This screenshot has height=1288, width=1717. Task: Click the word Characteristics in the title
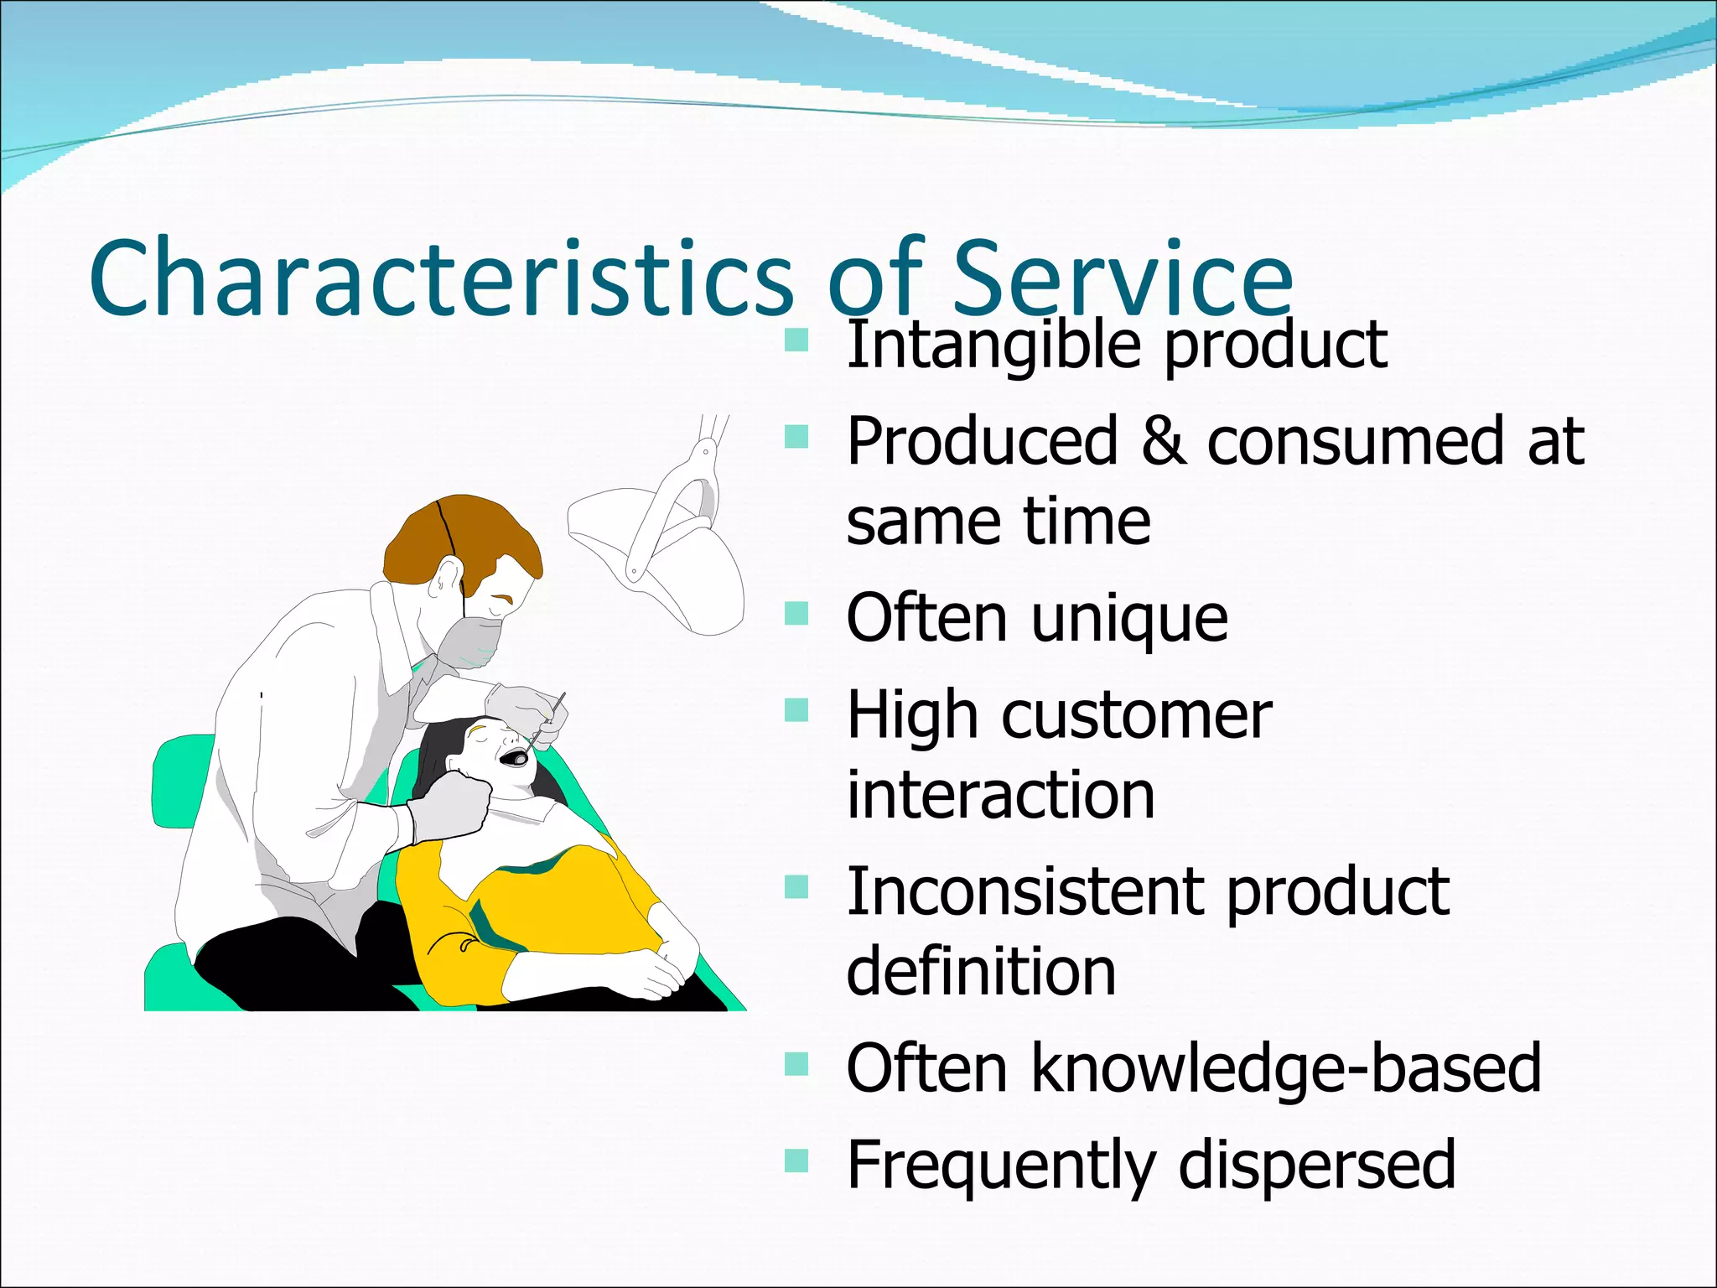tap(440, 278)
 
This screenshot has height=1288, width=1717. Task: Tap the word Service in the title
tap(1123, 278)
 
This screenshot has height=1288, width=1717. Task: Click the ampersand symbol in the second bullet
tap(1164, 441)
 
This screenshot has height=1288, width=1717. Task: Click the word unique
tap(1129, 619)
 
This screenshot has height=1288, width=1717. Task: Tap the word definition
tap(981, 971)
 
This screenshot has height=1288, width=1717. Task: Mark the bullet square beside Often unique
tap(796, 614)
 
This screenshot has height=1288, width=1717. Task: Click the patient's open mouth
tap(513, 758)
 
